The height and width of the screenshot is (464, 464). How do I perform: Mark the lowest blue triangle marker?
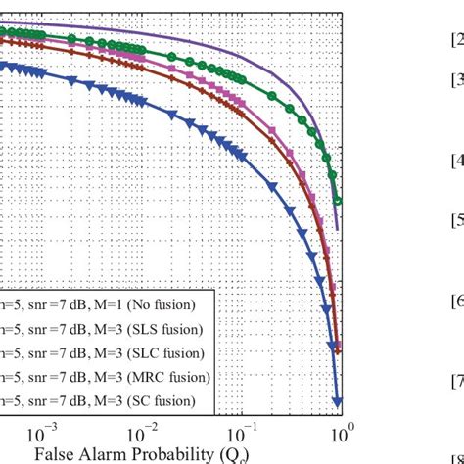(338, 401)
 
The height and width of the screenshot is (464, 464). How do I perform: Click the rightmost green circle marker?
(338, 202)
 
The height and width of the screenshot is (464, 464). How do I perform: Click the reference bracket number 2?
(456, 40)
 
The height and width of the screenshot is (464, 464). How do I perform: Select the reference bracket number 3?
(456, 79)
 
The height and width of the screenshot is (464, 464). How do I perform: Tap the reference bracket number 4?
(456, 160)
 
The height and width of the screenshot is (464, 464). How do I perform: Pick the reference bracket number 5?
(456, 221)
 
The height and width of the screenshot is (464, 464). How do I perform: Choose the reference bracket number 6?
(456, 302)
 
